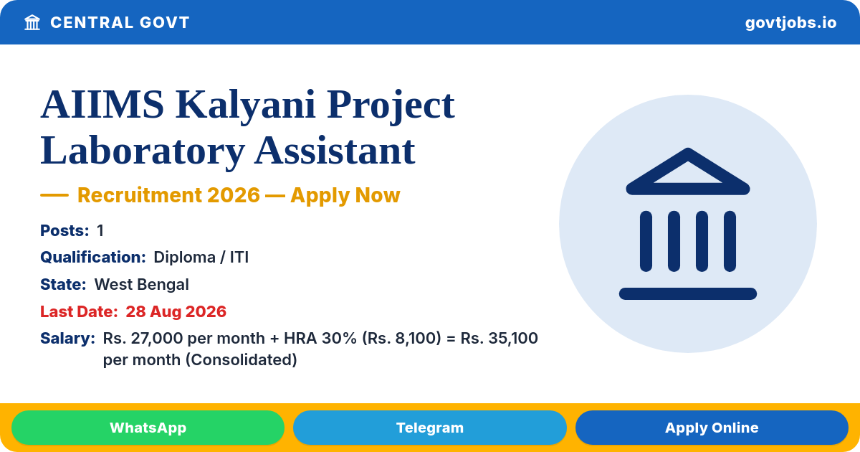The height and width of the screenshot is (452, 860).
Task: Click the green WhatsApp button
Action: point(148,428)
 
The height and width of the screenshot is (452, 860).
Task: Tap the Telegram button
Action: point(429,428)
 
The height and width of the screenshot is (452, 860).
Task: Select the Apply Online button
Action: point(712,428)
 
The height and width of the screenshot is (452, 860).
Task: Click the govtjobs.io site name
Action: point(790,23)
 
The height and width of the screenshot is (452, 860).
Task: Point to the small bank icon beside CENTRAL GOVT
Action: point(32,23)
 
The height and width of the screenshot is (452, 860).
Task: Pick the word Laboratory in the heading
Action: point(143,152)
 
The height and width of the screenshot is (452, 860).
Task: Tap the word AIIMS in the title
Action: point(102,105)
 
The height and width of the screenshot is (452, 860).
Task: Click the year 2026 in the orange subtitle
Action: point(234,195)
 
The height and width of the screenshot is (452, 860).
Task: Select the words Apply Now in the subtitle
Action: point(345,196)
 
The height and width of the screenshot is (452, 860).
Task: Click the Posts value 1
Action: point(100,230)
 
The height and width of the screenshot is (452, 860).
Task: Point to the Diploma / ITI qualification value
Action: point(201,257)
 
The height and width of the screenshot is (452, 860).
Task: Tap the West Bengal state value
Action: point(142,285)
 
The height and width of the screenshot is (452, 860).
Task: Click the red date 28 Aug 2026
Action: point(176,311)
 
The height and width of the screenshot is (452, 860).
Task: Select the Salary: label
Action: point(67,338)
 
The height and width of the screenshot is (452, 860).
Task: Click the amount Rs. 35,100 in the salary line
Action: point(499,339)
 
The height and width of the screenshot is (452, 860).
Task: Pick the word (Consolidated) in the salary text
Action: point(241,360)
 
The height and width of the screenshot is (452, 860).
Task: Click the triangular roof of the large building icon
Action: point(687,171)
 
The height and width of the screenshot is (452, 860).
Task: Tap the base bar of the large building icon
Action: point(687,293)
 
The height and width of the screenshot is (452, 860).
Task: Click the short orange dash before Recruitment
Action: point(54,195)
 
